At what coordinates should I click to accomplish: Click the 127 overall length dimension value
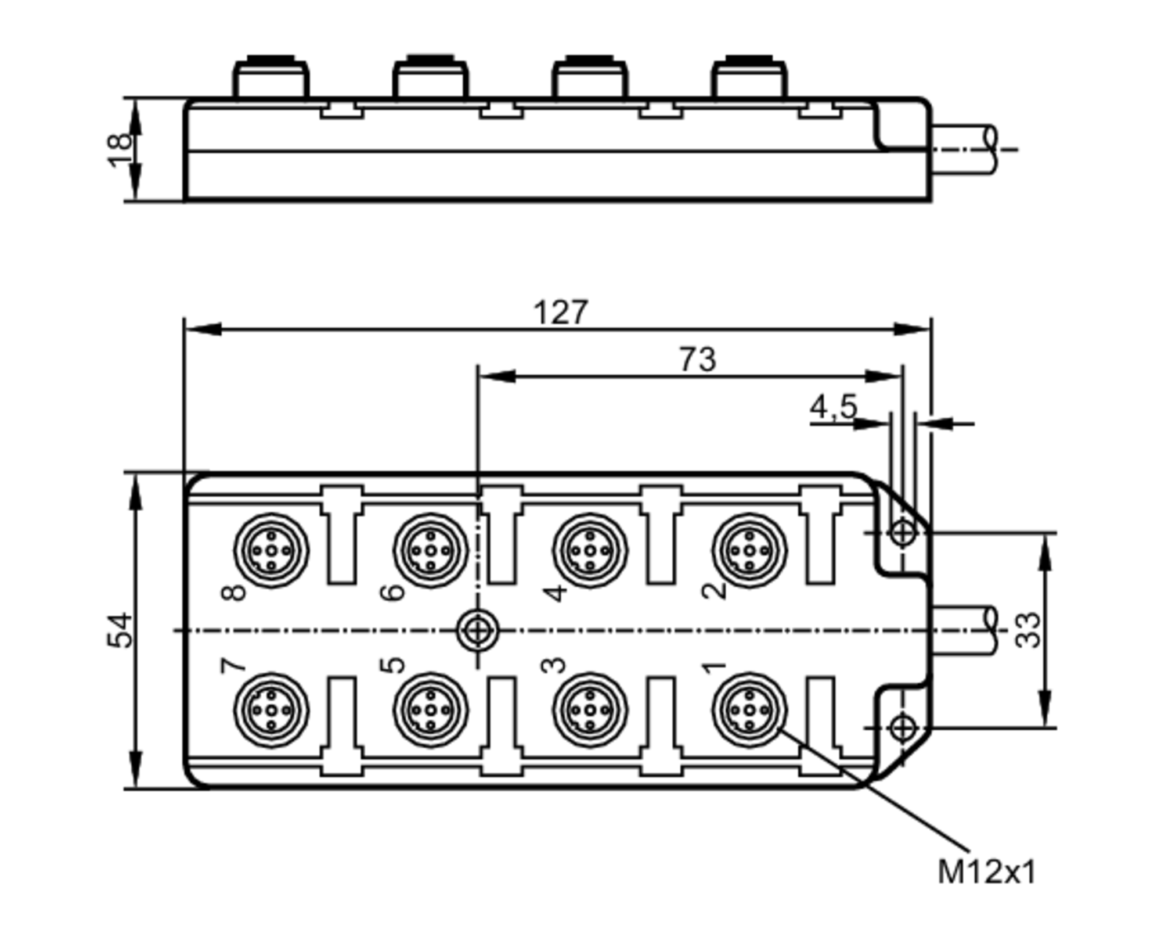[x=560, y=313]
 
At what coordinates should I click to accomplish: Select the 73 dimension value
[x=697, y=360]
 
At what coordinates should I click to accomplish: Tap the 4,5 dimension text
[x=833, y=406]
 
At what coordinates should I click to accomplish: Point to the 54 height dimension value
[x=120, y=630]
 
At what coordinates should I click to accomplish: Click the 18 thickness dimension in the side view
[x=120, y=150]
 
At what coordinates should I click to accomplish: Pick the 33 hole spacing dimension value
[x=1028, y=630]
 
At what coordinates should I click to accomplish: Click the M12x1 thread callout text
[x=986, y=872]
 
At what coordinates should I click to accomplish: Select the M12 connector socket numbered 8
[x=271, y=550]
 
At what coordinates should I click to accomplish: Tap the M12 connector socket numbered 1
[x=749, y=710]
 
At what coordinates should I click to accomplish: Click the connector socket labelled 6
[x=430, y=550]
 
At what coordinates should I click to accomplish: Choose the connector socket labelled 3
[x=590, y=710]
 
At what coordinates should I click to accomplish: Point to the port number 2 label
[x=714, y=590]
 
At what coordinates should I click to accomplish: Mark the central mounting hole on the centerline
[x=477, y=630]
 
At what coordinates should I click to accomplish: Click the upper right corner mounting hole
[x=903, y=532]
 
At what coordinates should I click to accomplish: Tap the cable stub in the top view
[x=964, y=630]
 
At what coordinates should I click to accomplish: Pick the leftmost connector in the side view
[x=271, y=78]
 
